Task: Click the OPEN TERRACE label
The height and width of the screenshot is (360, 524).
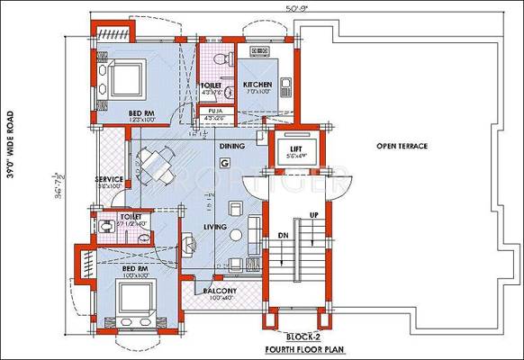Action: coord(402,145)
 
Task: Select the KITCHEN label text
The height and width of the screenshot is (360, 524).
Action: coord(257,85)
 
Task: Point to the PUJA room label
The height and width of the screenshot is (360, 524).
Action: coord(215,112)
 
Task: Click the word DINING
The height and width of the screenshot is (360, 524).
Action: coord(232,144)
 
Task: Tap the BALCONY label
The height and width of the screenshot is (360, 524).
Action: coord(219,291)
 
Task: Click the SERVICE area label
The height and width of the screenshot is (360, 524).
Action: coord(109,179)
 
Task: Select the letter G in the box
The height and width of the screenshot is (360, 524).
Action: coord(224,162)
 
